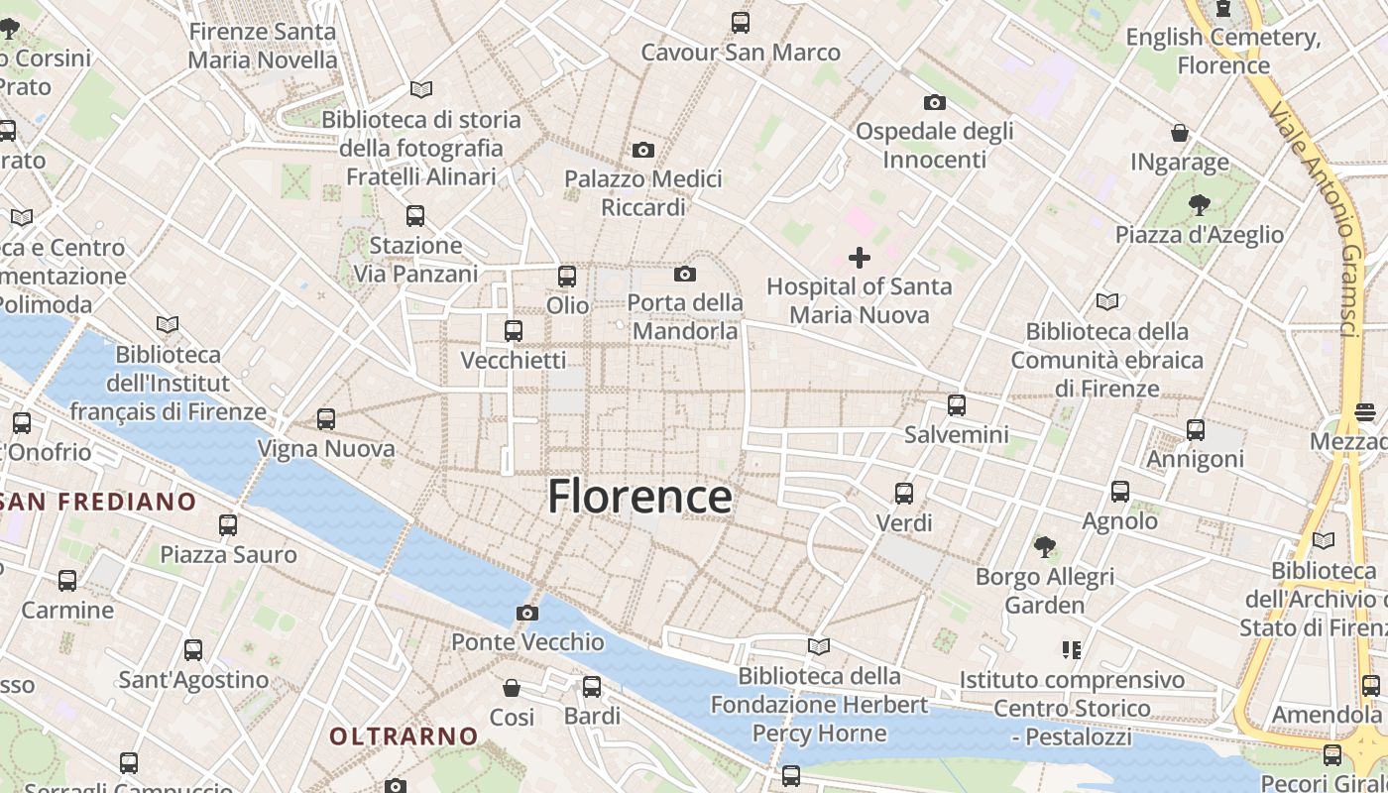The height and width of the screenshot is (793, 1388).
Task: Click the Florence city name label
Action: click(x=639, y=496)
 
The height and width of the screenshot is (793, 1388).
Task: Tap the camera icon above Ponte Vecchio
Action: click(x=527, y=613)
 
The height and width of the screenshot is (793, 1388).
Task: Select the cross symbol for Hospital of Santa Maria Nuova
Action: click(x=860, y=259)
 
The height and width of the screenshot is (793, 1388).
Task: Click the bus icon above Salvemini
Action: click(x=956, y=404)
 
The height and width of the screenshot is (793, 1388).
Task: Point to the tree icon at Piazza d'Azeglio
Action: click(x=1200, y=205)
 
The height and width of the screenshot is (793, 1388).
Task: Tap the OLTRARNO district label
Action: click(x=404, y=736)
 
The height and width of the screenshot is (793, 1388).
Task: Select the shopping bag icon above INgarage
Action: click(x=1180, y=133)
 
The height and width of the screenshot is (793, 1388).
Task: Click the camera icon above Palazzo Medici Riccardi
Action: click(x=643, y=150)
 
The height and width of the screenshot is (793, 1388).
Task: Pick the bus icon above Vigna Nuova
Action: click(x=326, y=419)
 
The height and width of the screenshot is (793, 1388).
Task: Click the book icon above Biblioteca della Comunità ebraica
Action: click(x=1107, y=301)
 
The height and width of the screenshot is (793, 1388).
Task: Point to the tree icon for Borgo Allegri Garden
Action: click(x=1044, y=546)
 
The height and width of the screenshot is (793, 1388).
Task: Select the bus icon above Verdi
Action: click(x=904, y=493)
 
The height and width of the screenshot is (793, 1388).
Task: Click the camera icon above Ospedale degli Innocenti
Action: click(x=934, y=102)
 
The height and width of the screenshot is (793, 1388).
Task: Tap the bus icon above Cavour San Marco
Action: click(x=740, y=23)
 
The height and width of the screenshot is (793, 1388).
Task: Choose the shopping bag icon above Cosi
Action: click(x=512, y=687)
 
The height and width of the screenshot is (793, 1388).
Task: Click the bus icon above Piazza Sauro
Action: click(x=228, y=525)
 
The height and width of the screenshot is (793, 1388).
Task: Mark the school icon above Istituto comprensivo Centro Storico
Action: click(x=1071, y=650)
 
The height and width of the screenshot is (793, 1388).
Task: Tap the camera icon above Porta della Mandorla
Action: click(x=685, y=274)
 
